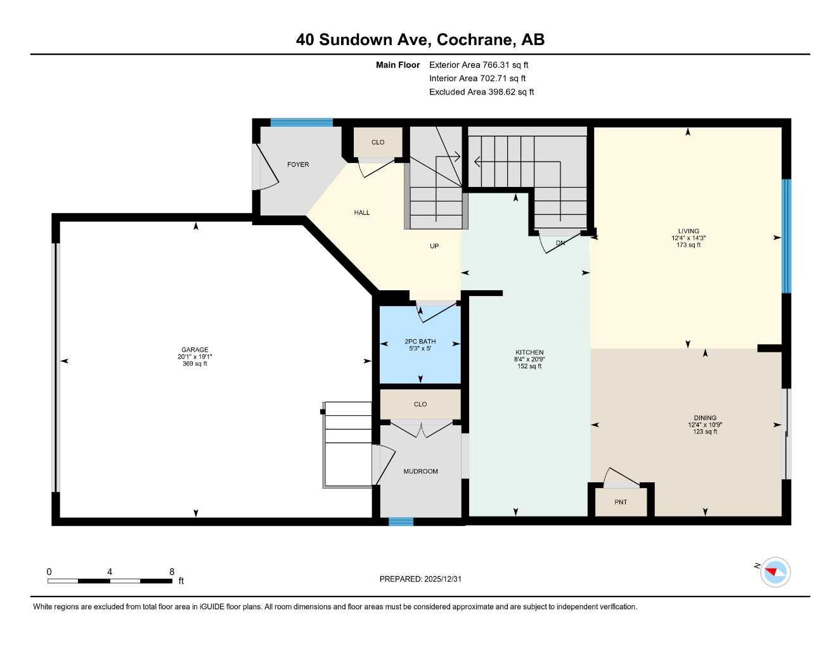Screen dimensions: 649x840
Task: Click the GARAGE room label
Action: pyautogui.click(x=195, y=350)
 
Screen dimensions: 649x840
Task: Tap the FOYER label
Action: pyautogui.click(x=298, y=165)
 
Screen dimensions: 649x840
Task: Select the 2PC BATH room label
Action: pyautogui.click(x=420, y=342)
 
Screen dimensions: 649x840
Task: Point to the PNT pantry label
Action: pyautogui.click(x=621, y=502)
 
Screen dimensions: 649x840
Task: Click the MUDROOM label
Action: pyautogui.click(x=420, y=472)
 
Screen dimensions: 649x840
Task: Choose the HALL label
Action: pyautogui.click(x=362, y=213)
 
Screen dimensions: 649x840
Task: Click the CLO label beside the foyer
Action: pyautogui.click(x=378, y=143)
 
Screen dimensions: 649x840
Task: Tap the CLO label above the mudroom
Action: pyautogui.click(x=420, y=404)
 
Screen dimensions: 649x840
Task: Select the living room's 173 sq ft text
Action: pyautogui.click(x=688, y=245)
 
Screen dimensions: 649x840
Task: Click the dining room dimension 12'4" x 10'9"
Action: pyautogui.click(x=705, y=425)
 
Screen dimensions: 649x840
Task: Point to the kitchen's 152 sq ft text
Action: pyautogui.click(x=529, y=366)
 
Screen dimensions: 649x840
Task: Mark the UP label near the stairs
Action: pyautogui.click(x=434, y=246)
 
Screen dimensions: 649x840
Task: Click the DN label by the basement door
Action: pyautogui.click(x=560, y=243)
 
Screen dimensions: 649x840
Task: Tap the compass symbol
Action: pyautogui.click(x=775, y=572)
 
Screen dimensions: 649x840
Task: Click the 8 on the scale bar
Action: pyautogui.click(x=172, y=572)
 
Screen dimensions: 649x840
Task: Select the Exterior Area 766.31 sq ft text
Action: pyautogui.click(x=479, y=65)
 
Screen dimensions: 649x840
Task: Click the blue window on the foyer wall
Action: pyautogui.click(x=302, y=123)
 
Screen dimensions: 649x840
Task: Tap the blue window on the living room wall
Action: pyautogui.click(x=786, y=236)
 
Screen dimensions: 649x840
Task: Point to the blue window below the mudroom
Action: pyautogui.click(x=401, y=522)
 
